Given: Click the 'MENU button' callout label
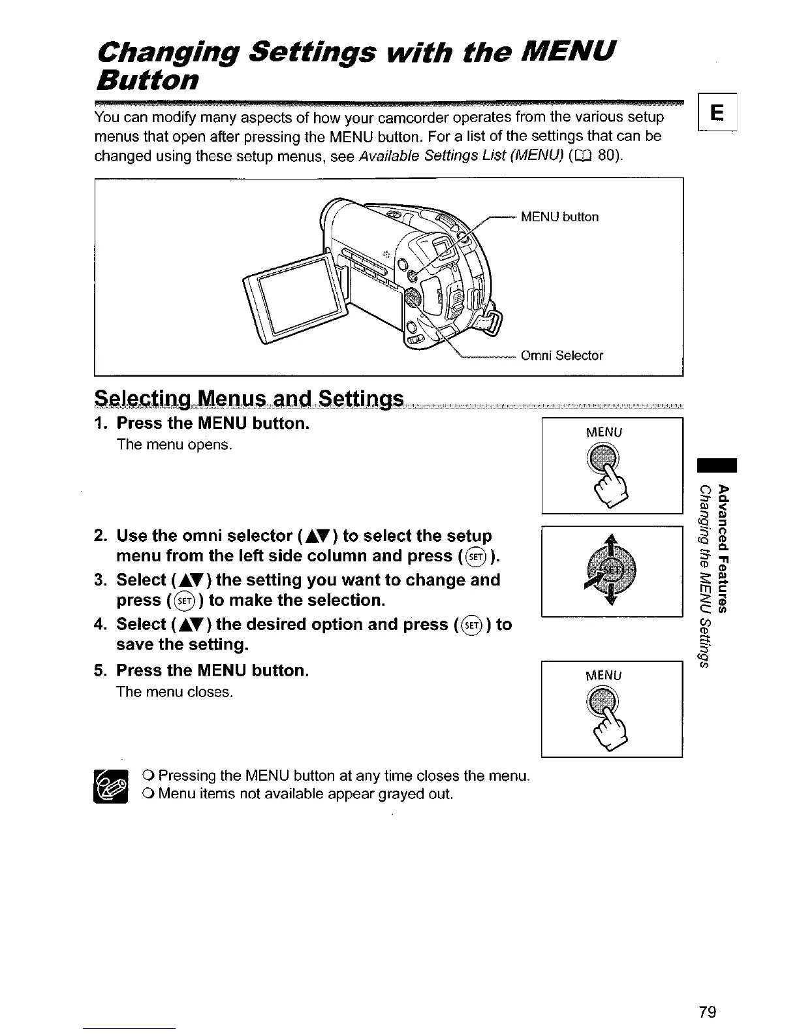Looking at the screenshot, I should coord(559,217).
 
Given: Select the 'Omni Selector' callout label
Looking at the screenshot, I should coord(562,356).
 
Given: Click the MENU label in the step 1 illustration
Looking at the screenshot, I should coord(605,432).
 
